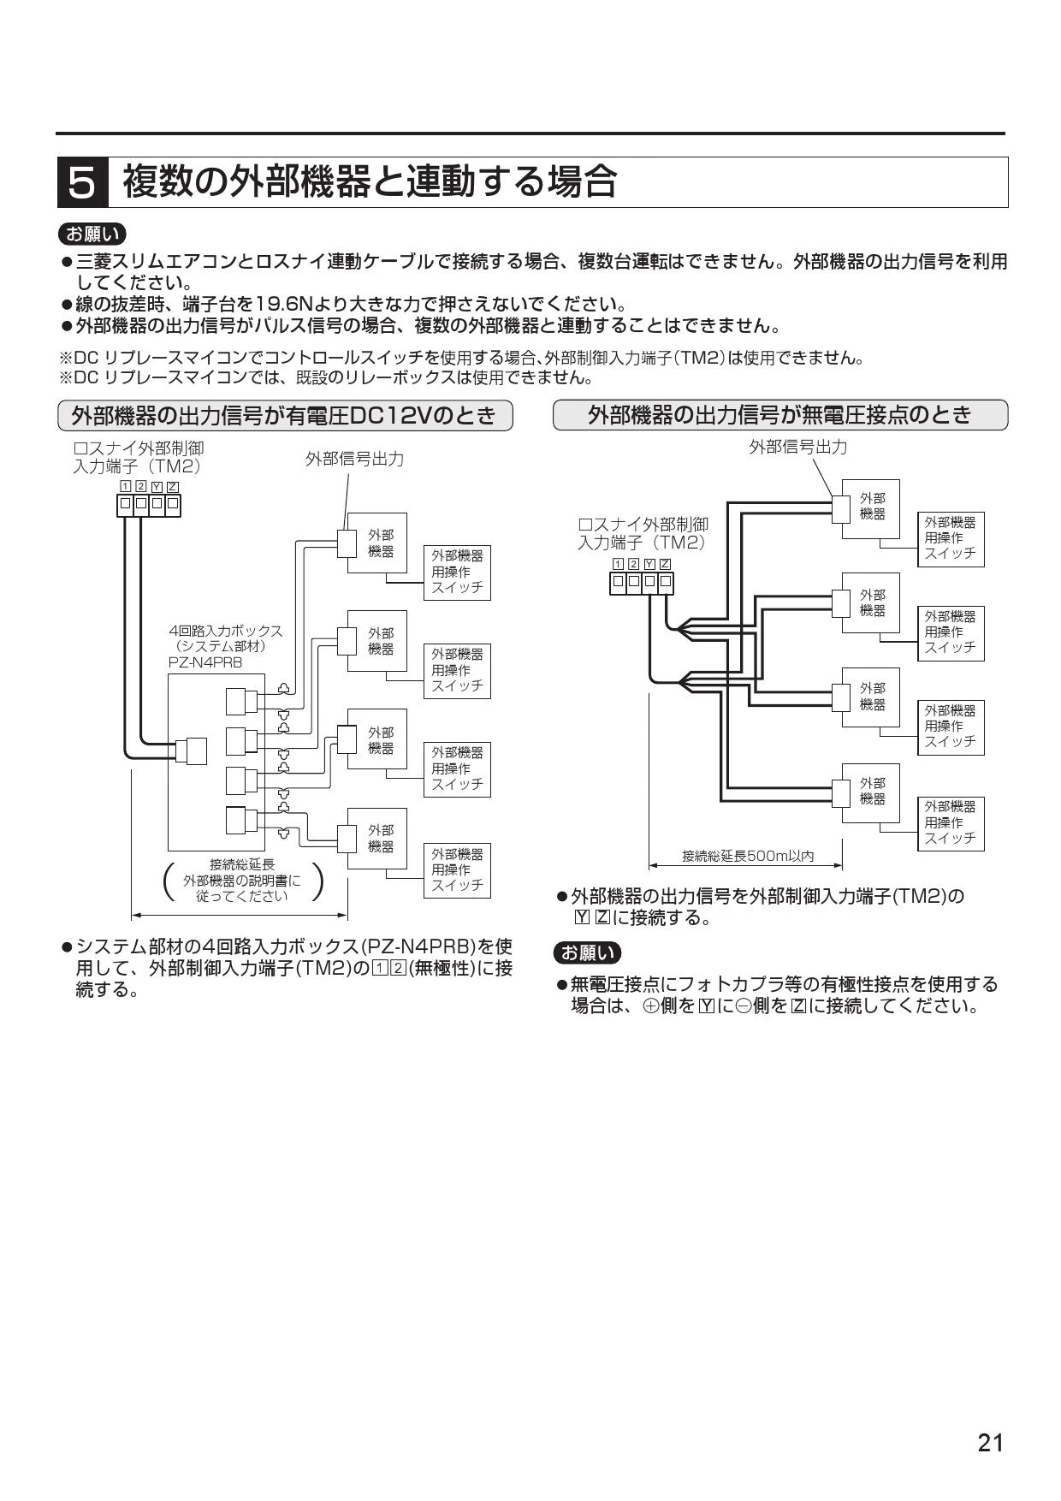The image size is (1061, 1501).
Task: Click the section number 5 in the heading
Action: tap(82, 182)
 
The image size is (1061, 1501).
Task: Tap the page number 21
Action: tap(990, 1443)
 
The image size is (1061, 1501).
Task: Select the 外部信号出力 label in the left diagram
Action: tap(354, 459)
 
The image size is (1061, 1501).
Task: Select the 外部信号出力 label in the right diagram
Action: tap(798, 447)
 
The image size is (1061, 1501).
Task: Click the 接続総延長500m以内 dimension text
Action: tap(748, 856)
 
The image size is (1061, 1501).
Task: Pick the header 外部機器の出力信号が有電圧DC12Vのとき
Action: tap(284, 416)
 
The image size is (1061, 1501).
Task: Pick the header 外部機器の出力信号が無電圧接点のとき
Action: tap(780, 415)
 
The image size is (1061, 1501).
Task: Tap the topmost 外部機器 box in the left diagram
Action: tap(376, 543)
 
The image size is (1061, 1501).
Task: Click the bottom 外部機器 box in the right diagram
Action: tap(870, 792)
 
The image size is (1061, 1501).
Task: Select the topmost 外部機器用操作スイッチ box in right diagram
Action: tap(950, 538)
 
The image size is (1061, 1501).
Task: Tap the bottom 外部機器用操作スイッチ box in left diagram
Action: tap(457, 869)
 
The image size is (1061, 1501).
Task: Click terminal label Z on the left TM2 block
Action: tap(173, 487)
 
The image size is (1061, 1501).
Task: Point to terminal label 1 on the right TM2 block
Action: tap(619, 563)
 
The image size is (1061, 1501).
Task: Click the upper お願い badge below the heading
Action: tap(92, 234)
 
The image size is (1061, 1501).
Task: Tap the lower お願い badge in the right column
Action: tap(588, 952)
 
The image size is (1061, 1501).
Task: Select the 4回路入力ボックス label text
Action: tap(226, 631)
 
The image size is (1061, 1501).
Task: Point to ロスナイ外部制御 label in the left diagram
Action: tap(139, 448)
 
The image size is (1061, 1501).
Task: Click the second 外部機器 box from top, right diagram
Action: tap(870, 602)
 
